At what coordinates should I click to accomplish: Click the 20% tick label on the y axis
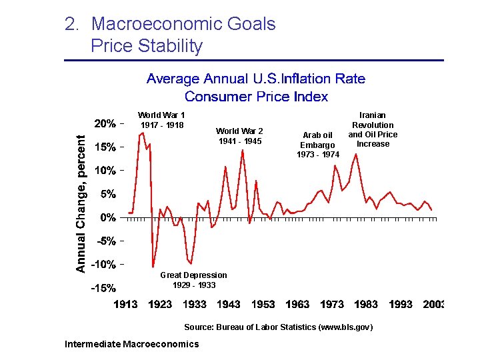[105, 123]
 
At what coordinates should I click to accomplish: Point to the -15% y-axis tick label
[104, 289]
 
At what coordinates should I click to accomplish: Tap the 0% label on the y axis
[108, 218]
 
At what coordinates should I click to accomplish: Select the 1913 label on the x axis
[125, 305]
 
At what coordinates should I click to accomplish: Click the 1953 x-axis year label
[263, 305]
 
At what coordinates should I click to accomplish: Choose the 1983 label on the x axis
[366, 305]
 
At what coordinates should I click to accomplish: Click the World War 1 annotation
[161, 120]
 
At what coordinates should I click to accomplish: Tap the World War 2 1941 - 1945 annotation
[239, 136]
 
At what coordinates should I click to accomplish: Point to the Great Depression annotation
[193, 280]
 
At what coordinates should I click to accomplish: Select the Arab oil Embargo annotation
[317, 145]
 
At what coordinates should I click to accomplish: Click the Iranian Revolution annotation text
[373, 129]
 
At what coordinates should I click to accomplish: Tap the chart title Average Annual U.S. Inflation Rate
[256, 79]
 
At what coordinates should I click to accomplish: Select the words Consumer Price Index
[256, 97]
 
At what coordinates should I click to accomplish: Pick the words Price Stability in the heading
[147, 46]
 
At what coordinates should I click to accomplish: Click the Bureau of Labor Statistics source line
[278, 327]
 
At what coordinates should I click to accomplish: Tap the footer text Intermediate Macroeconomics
[131, 344]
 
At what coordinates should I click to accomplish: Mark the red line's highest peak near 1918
[143, 133]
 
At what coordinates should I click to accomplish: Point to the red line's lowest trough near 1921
[153, 267]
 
